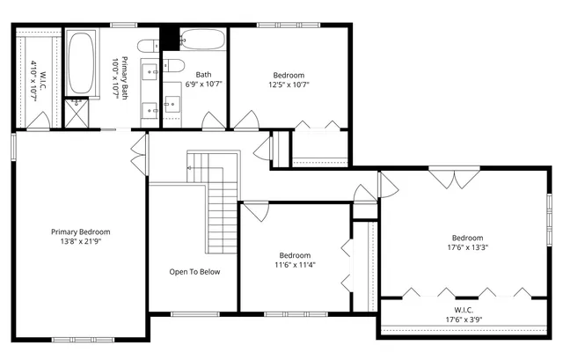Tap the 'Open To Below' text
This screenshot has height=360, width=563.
(x=194, y=272)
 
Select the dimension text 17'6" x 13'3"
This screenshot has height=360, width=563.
(x=467, y=247)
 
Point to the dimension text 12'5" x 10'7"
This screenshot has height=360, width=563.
(x=289, y=84)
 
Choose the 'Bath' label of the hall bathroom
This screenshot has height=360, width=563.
(x=203, y=75)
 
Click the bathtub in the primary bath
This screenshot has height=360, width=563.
(x=84, y=62)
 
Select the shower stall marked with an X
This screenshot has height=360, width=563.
(x=77, y=110)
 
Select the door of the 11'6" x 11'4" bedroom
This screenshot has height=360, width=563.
(x=255, y=211)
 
